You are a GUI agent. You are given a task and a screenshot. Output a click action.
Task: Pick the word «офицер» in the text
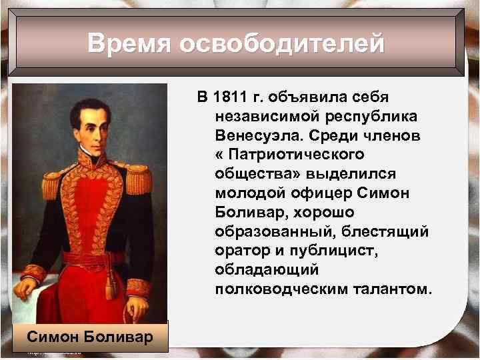(301, 194)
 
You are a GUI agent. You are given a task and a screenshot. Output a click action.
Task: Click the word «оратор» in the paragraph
(241, 252)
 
